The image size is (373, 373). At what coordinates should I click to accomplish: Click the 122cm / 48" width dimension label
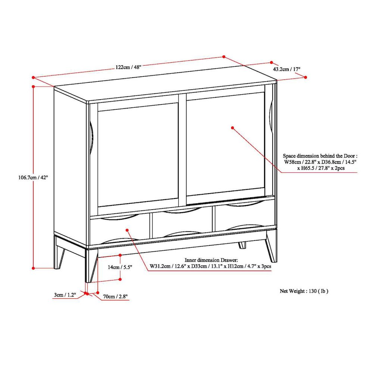tap(129, 67)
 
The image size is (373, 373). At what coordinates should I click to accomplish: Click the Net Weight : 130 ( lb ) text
tap(304, 291)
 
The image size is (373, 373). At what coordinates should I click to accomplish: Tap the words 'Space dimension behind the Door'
tap(320, 156)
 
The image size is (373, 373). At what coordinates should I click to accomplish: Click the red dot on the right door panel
tap(232, 128)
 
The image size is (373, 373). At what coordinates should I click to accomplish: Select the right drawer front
tap(244, 218)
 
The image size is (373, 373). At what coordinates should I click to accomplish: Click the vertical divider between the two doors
tap(182, 149)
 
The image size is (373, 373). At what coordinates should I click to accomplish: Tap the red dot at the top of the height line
tap(34, 86)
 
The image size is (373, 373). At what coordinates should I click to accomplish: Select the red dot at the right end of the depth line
tap(305, 77)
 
